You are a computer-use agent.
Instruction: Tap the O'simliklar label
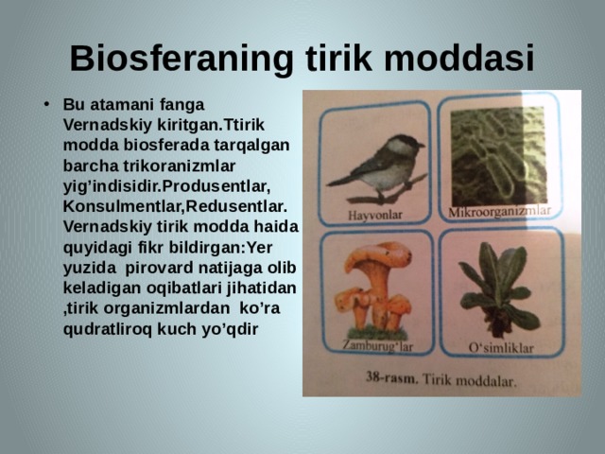pyautogui.click(x=501, y=347)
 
